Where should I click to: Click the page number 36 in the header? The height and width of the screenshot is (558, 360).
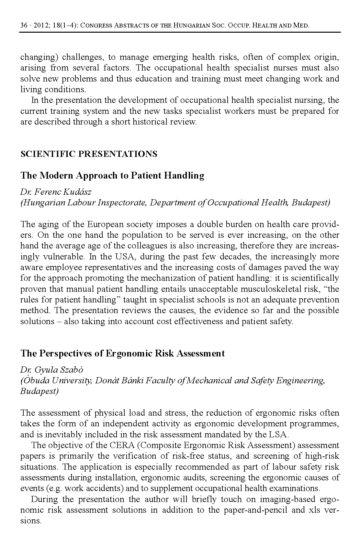tap(24, 25)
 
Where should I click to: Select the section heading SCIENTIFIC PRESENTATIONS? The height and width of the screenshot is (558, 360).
tap(89, 154)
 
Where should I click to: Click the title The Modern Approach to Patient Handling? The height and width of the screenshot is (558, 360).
tap(112, 176)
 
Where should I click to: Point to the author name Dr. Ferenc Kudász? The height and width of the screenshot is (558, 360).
tap(56, 192)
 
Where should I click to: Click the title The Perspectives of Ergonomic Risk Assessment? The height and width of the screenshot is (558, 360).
tap(122, 353)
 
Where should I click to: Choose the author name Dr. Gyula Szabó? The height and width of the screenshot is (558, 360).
tap(52, 369)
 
